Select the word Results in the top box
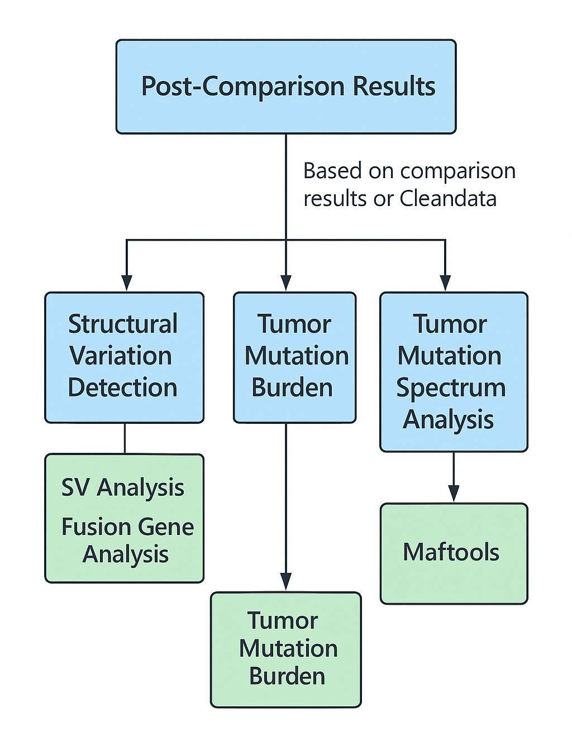click(394, 86)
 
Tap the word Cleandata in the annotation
click(448, 198)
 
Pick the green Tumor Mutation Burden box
click(285, 649)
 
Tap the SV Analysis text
click(123, 487)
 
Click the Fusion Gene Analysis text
click(127, 540)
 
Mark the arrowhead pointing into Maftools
click(454, 494)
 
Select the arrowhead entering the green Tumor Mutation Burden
click(286, 582)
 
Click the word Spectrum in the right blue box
click(450, 388)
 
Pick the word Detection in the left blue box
click(122, 388)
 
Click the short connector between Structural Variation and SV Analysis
click(125, 438)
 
